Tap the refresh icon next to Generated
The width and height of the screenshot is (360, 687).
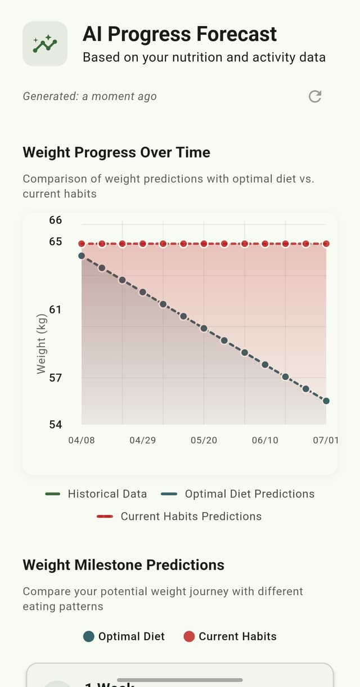tap(315, 96)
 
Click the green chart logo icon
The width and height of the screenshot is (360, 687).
tap(45, 44)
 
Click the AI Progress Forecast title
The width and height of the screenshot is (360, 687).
tap(179, 34)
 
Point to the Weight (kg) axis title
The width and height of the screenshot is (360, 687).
tap(41, 343)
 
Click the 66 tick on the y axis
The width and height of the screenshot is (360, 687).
tap(55, 220)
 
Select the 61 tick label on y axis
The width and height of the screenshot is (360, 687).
tap(55, 309)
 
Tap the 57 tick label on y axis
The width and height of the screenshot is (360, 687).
tap(55, 378)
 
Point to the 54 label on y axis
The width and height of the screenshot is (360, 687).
tap(55, 424)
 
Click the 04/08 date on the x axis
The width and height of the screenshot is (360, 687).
tap(82, 440)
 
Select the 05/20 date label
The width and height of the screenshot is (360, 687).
tap(204, 440)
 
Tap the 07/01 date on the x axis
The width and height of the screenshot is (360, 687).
tap(326, 440)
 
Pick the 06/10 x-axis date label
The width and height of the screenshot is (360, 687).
tap(265, 440)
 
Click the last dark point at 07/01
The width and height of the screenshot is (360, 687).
tap(326, 401)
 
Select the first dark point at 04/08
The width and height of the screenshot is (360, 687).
tap(82, 255)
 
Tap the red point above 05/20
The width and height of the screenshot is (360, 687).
tap(204, 244)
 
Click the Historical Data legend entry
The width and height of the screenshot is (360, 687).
tap(96, 494)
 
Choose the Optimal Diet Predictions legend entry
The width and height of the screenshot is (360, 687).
tap(237, 494)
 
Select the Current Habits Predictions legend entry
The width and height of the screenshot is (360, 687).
tap(179, 517)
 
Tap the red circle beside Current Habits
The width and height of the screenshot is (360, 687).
tap(189, 636)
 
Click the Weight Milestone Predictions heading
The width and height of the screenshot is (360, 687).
tap(123, 565)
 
